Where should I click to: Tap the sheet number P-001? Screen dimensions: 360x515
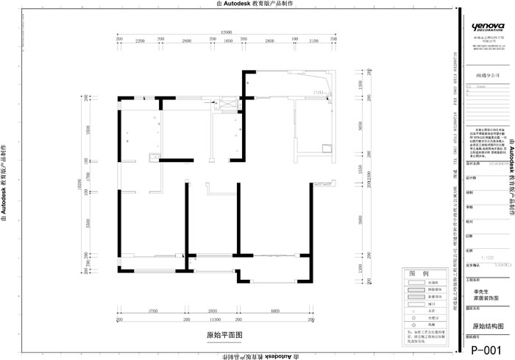[486, 350]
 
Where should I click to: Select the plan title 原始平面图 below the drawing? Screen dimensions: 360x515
[224, 334]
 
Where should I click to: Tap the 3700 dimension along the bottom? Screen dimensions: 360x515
[153, 312]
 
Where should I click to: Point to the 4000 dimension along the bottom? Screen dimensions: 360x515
[274, 312]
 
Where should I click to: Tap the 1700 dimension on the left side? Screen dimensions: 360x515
[86, 177]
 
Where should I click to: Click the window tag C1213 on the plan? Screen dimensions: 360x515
[320, 93]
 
